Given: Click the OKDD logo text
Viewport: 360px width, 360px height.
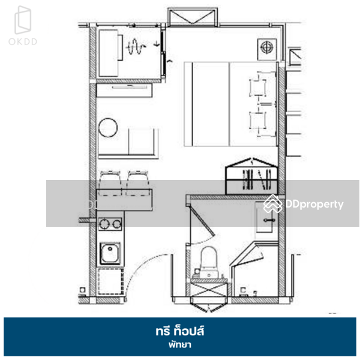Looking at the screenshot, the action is coord(23,41).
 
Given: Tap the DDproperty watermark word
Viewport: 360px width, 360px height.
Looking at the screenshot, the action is coord(314,204).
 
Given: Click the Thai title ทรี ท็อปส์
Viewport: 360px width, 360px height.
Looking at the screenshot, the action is coord(180,331).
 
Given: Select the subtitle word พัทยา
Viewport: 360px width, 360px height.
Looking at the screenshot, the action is coord(180,344).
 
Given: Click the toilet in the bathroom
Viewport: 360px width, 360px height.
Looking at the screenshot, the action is coord(209,262).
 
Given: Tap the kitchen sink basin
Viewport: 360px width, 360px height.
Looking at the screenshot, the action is coord(110,253).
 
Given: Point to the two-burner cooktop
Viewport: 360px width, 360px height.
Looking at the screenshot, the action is coord(110,224).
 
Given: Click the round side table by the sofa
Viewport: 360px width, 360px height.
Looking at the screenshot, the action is coord(108,128).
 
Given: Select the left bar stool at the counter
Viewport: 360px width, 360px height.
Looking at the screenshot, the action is coord(110,183).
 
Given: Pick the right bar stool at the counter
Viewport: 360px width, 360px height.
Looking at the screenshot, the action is coord(138,183).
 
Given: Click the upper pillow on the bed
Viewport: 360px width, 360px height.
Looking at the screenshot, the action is coord(258,87).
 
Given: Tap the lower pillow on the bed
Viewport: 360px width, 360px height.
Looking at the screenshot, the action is coord(258,121).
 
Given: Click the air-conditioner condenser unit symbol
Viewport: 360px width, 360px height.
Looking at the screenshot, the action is coord(267,49).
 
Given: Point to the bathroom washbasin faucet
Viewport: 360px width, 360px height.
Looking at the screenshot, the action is coord(269,220).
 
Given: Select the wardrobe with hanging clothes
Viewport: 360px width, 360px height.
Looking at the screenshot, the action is coord(251,177).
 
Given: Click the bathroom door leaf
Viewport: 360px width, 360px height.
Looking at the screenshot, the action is coord(203,221).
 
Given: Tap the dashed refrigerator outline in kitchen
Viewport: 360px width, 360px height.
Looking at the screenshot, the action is coord(110,281).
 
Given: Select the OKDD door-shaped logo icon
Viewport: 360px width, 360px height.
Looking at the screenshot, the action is coord(23,20).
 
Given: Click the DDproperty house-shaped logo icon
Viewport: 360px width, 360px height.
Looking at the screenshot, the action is coord(273,204).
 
